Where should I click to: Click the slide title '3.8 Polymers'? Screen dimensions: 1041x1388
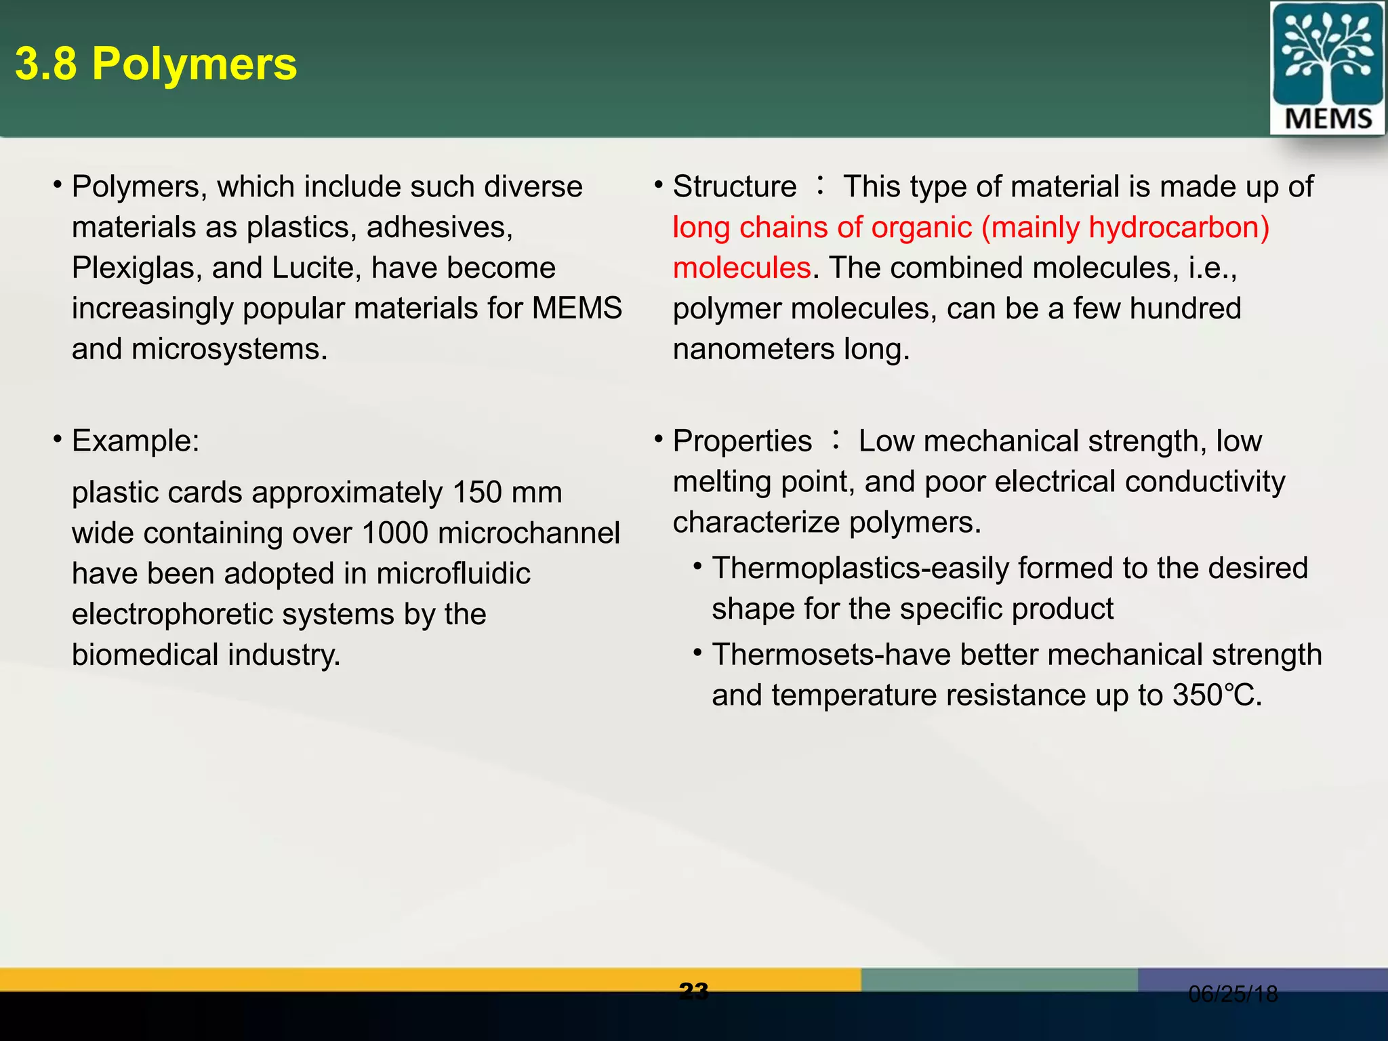pyautogui.click(x=156, y=64)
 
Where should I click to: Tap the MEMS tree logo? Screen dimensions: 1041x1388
pyautogui.click(x=1327, y=68)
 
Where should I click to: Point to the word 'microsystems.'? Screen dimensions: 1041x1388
pyautogui.click(x=229, y=350)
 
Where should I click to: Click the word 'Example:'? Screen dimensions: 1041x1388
pyautogui.click(x=136, y=441)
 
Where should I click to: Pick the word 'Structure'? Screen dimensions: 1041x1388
pyautogui.click(x=735, y=187)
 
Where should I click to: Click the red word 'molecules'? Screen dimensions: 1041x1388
pyautogui.click(x=741, y=268)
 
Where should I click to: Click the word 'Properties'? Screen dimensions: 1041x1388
pyautogui.click(x=742, y=441)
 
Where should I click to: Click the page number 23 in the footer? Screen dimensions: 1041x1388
pyautogui.click(x=693, y=992)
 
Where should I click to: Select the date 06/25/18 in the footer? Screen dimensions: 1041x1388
pyautogui.click(x=1233, y=994)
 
